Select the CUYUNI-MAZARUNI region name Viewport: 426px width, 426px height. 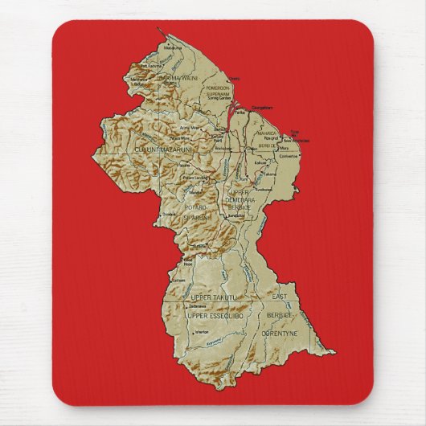point(165,147)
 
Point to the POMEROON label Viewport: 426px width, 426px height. point(217,88)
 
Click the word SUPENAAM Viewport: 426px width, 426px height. point(218,94)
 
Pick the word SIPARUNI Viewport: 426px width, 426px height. point(195,217)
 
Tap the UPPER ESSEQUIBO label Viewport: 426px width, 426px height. point(214,316)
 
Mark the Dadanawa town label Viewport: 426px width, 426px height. point(197,306)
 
